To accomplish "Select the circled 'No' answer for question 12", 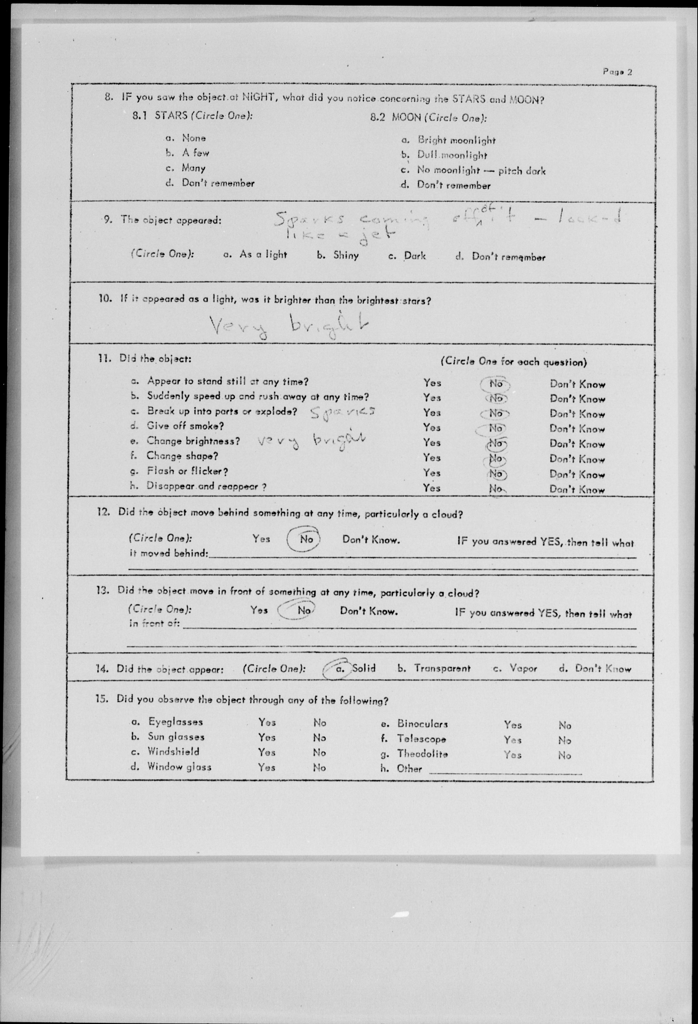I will click(x=305, y=539).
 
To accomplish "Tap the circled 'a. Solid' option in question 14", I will click(x=355, y=668).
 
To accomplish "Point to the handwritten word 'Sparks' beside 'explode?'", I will click(x=342, y=412).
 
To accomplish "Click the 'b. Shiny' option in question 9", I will click(x=338, y=255).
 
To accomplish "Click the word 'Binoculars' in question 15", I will click(x=422, y=724).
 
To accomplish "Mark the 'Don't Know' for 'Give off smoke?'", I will click(x=577, y=429).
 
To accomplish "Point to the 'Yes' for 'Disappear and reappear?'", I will click(x=432, y=488).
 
